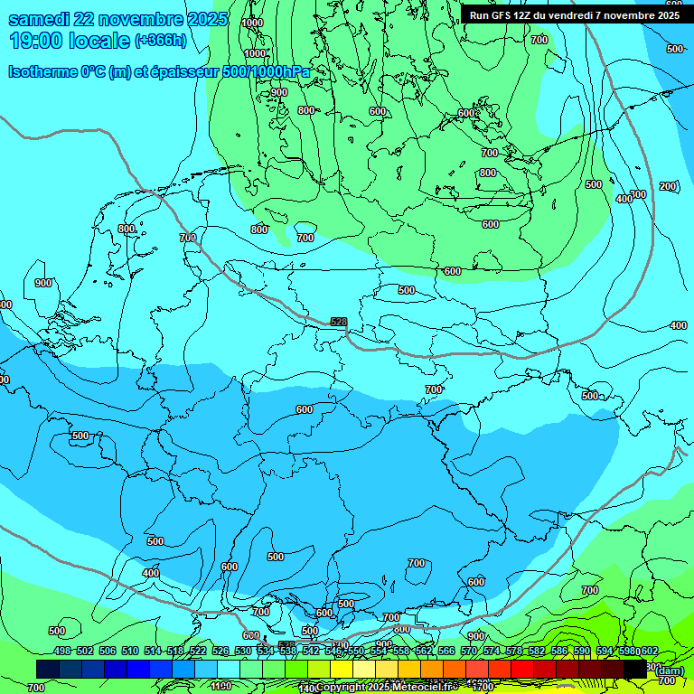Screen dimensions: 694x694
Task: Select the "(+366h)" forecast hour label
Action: click(x=160, y=41)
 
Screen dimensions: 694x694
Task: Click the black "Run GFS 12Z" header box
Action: click(x=575, y=14)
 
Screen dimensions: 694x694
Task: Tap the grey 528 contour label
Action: click(x=338, y=322)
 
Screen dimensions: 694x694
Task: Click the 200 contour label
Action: click(x=667, y=186)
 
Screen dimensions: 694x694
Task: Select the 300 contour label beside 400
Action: click(x=638, y=194)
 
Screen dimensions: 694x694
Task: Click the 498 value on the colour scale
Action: click(x=61, y=651)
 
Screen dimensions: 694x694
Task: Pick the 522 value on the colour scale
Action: click(x=198, y=651)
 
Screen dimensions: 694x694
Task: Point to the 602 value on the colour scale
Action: click(x=649, y=651)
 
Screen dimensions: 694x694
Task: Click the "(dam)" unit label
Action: click(x=670, y=670)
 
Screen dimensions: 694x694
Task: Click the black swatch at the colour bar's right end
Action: click(x=635, y=669)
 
